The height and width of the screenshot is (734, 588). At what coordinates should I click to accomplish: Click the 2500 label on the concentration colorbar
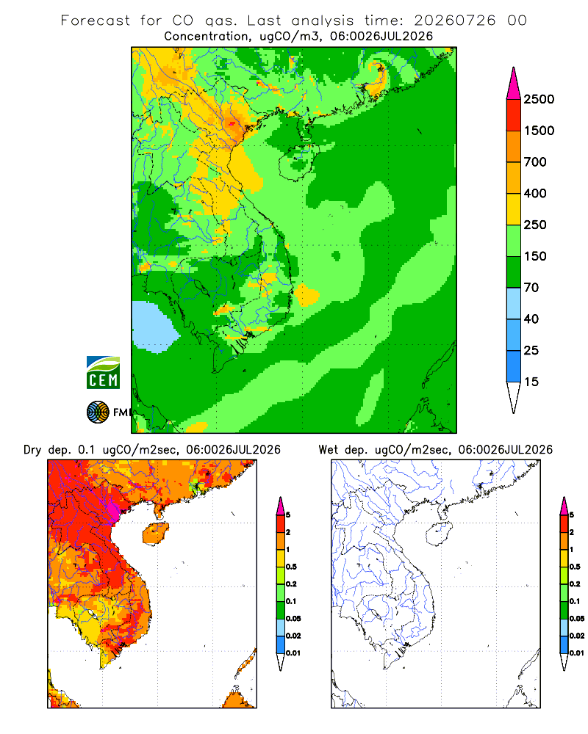pyautogui.click(x=539, y=99)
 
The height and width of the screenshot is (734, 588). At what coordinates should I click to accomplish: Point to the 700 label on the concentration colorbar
pyautogui.click(x=535, y=162)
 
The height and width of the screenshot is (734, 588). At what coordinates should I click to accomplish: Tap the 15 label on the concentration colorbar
pyautogui.click(x=531, y=382)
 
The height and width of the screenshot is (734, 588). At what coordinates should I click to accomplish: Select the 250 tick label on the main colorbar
pyautogui.click(x=535, y=225)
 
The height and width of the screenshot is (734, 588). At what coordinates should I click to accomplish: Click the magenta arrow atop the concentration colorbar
pyautogui.click(x=514, y=84)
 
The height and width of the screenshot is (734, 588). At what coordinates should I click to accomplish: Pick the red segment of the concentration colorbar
pyautogui.click(x=514, y=115)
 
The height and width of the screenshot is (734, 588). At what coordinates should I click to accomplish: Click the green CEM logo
pyautogui.click(x=103, y=373)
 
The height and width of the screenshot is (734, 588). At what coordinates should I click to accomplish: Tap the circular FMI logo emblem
pyautogui.click(x=98, y=413)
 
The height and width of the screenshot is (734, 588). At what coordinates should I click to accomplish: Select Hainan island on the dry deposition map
pyautogui.click(x=155, y=534)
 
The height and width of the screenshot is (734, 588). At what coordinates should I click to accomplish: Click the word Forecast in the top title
pyautogui.click(x=96, y=21)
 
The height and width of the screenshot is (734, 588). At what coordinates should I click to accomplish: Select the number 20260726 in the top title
pyautogui.click(x=454, y=21)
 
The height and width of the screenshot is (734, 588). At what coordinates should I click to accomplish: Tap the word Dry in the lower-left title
pyautogui.click(x=32, y=450)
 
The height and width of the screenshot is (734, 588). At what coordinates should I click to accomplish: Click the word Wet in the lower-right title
pyautogui.click(x=328, y=450)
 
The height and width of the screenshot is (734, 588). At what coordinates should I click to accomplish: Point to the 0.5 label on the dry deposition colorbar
pyautogui.click(x=291, y=567)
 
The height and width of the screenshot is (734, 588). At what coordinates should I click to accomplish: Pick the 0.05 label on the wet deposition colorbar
pyautogui.click(x=577, y=619)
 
